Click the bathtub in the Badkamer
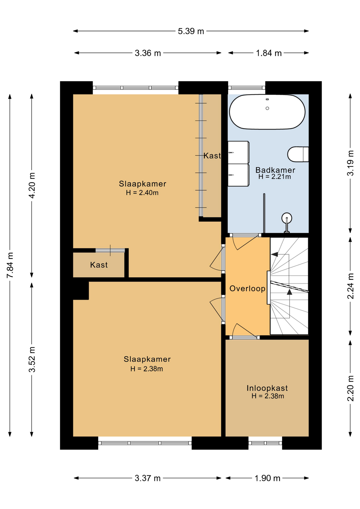[267, 112]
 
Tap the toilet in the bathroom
[298, 154]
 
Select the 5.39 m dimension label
[191, 31]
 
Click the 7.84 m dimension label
[10, 265]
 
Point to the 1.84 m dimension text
[269, 53]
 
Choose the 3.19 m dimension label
[350, 163]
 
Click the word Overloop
[247, 288]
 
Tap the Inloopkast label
[267, 388]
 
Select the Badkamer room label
[275, 170]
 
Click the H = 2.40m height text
[142, 193]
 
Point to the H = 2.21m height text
[275, 177]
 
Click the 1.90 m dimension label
[267, 478]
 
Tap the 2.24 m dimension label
[350, 286]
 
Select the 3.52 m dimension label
[32, 359]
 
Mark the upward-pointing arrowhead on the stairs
[289, 292]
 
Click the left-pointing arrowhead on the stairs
[274, 254]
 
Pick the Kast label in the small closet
[99, 265]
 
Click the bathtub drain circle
[267, 108]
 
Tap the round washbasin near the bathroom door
[287, 218]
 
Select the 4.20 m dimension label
[32, 185]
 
